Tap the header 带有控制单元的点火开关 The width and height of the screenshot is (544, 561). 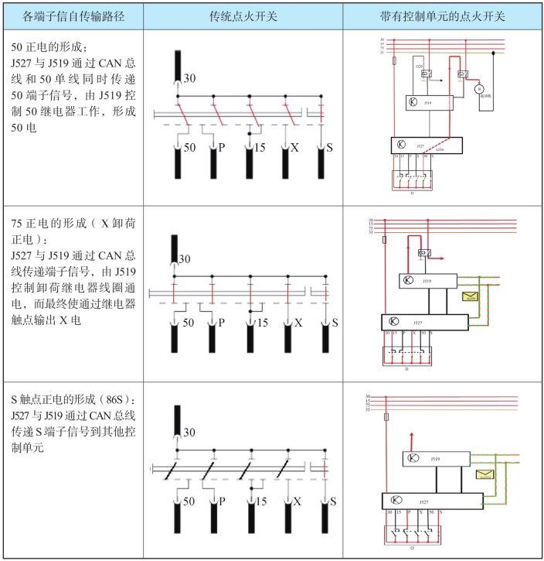coord(442,15)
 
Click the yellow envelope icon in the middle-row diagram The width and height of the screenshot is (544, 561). coord(469,296)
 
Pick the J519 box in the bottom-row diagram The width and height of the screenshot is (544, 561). coord(436,460)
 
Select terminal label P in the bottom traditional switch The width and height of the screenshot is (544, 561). coord(222,501)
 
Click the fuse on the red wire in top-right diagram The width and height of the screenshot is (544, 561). coord(395,59)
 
